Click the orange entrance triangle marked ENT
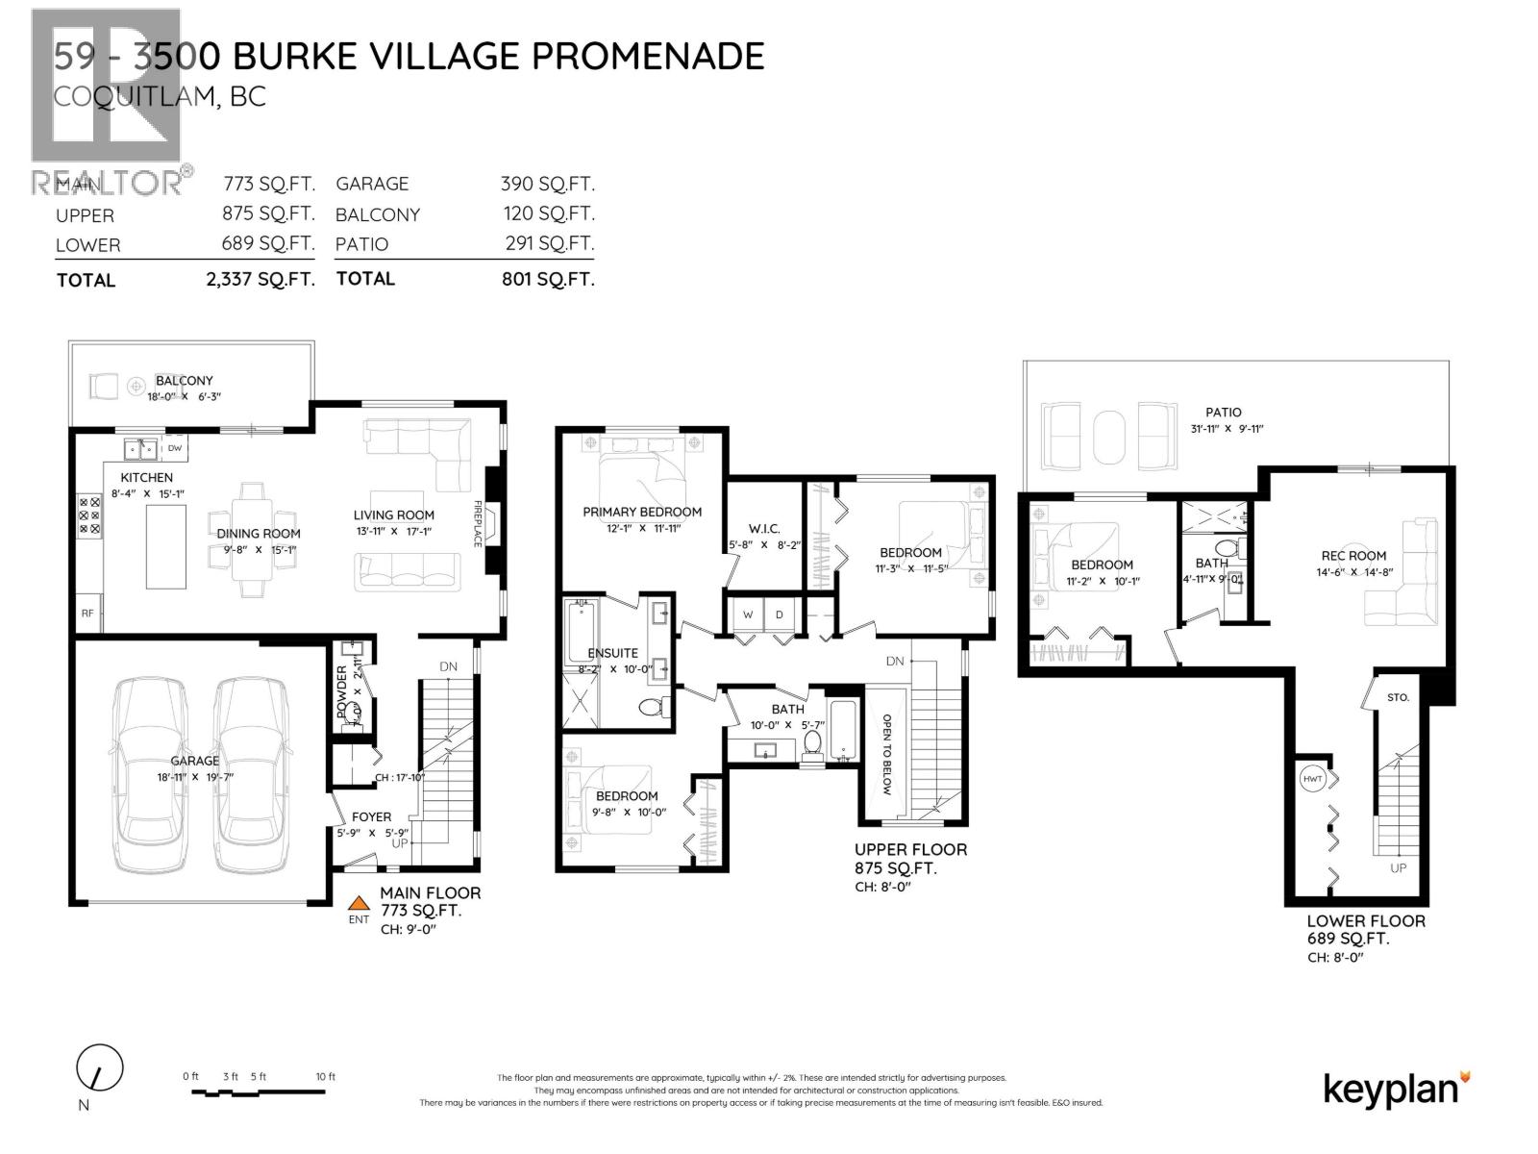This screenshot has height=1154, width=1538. tap(359, 903)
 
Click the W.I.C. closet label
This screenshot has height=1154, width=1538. tap(764, 529)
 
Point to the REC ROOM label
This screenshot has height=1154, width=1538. tap(1353, 555)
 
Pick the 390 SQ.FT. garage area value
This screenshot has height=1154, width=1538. tap(547, 184)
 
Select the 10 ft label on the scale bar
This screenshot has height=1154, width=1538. tap(326, 1077)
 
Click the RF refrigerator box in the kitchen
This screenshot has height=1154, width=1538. tap(87, 612)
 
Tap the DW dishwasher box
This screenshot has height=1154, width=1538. tap(175, 448)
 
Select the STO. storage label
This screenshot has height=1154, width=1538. tap(1398, 697)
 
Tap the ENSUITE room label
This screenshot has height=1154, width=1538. tap(613, 653)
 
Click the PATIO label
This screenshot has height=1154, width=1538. tap(1224, 412)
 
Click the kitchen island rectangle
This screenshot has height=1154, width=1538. tap(166, 545)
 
